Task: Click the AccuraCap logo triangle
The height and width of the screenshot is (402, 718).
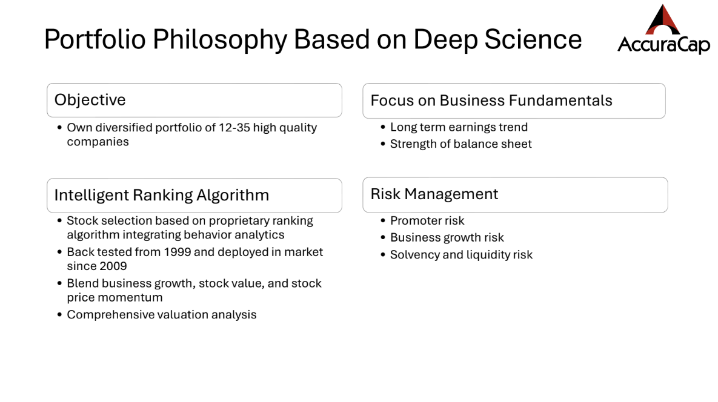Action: pyautogui.click(x=663, y=20)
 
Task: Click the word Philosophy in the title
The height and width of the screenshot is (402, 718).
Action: pyautogui.click(x=220, y=40)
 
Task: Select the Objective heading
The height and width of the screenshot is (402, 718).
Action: pyautogui.click(x=90, y=100)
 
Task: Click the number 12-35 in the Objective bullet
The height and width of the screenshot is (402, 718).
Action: pyautogui.click(x=234, y=128)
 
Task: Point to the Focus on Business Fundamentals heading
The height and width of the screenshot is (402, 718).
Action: pyautogui.click(x=491, y=100)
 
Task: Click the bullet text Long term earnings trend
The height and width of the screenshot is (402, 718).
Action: pyautogui.click(x=459, y=127)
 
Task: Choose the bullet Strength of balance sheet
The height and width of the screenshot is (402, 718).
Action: pyautogui.click(x=460, y=144)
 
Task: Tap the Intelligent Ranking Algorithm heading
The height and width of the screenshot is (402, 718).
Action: pyautogui.click(x=162, y=196)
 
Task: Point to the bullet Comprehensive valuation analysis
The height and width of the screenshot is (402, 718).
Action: pyautogui.click(x=162, y=315)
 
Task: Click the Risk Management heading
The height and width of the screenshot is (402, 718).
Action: pyautogui.click(x=434, y=194)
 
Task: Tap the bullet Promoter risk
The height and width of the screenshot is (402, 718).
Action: pyautogui.click(x=427, y=221)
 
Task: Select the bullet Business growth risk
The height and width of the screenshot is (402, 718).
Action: pyautogui.click(x=447, y=238)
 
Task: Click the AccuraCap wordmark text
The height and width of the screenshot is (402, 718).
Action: pyautogui.click(x=663, y=45)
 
